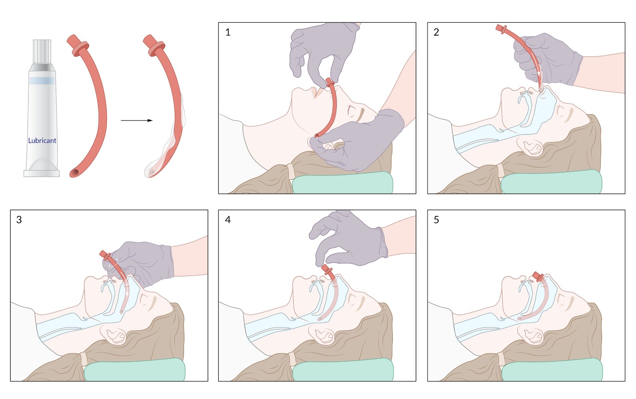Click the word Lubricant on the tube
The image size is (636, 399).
click(42, 140)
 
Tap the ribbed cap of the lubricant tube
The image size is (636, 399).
click(42, 51)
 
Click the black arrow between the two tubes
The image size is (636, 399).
click(137, 120)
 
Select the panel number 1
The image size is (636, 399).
click(228, 32)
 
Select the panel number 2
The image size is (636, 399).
click(436, 32)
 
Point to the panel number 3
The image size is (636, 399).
click(19, 219)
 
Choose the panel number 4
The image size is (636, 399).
click(228, 219)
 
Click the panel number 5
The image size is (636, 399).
click(436, 219)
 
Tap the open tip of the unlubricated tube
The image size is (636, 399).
click(75, 173)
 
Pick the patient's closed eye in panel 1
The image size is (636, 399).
click(353, 110)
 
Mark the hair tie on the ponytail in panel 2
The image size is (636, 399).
click(500, 171)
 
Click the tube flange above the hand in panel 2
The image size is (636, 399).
click(502, 29)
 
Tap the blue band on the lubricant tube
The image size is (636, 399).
click(42, 81)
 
